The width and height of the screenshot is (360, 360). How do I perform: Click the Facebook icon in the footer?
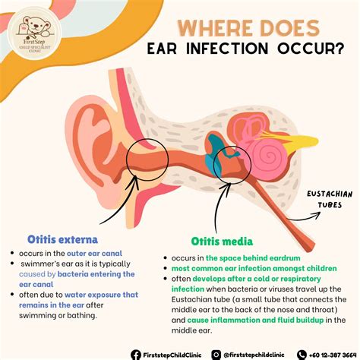(135, 353)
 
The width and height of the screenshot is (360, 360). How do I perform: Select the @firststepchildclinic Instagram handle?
(254, 353)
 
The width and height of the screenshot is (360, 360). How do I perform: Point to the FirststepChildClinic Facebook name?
(173, 353)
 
